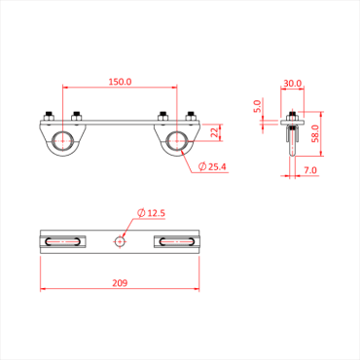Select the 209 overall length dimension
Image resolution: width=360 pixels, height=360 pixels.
click(119, 284)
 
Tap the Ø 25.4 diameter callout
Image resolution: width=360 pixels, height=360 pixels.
click(213, 167)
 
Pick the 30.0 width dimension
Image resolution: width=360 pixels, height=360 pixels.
click(293, 84)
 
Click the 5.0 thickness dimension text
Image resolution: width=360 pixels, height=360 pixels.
click(258, 104)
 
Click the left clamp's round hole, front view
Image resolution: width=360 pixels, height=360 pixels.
click(62, 140)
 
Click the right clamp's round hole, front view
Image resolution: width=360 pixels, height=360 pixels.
click(176, 140)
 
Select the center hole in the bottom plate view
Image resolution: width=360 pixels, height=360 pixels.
click(120, 240)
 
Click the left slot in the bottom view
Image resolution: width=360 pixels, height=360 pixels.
click(62, 240)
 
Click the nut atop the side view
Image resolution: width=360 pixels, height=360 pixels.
click(293, 116)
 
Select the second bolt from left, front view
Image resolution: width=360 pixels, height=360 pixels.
click(76, 115)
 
